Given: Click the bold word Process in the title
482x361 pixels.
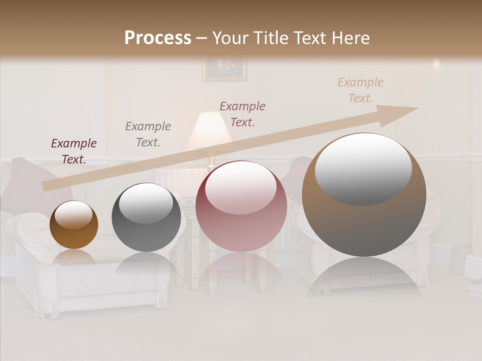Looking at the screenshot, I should point(158,38).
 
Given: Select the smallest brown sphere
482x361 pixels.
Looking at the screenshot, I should point(74,225).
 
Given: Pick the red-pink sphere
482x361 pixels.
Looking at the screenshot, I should point(241,206).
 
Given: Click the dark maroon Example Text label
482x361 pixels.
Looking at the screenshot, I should point(74,151).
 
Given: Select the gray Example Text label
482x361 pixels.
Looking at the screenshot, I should point(148,134).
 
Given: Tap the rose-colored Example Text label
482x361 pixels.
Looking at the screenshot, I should point(243,114).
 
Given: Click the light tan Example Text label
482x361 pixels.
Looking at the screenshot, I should point(360,90).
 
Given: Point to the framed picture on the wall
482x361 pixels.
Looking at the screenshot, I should point(224,69).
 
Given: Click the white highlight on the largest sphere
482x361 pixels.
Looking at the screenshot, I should point(363,168).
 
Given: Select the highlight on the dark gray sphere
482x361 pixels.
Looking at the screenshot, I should point(146,203).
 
